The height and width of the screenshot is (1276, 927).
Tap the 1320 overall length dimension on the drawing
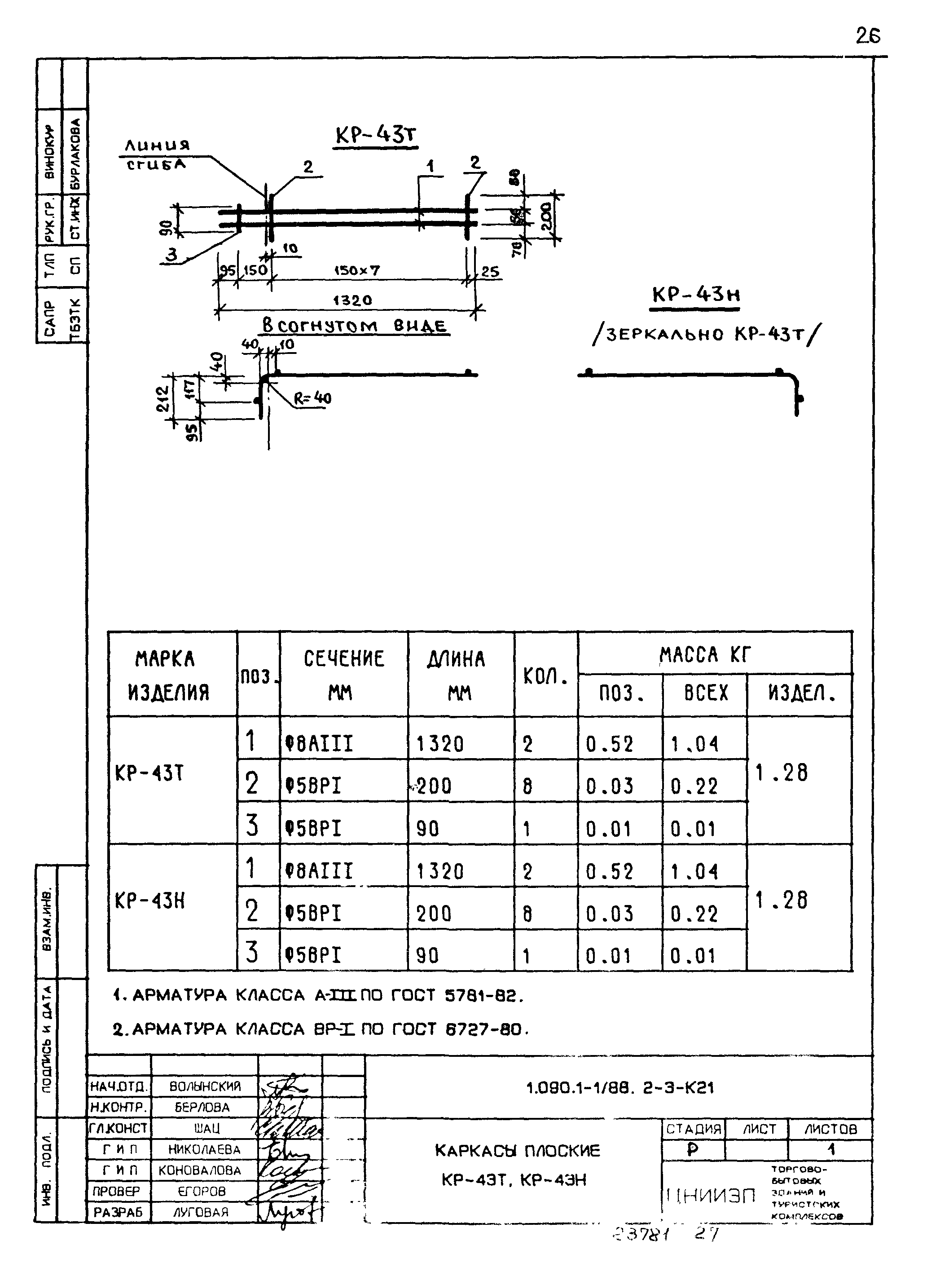coord(352,300)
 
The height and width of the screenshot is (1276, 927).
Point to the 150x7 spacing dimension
coord(357,271)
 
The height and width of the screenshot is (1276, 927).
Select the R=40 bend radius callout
coord(312,398)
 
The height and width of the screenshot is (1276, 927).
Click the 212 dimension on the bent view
coord(163,398)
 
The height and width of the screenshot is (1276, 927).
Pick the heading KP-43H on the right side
coord(695,295)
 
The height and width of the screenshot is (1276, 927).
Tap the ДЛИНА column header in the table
coord(457,658)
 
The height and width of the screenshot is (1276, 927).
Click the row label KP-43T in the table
coord(149,773)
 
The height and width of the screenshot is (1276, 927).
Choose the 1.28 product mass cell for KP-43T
coord(782,773)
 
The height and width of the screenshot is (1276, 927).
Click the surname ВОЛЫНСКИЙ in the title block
coord(205,1086)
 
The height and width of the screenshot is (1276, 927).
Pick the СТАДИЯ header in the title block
coord(694,1129)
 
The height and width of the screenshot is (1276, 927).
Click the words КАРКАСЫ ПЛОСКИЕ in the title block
coord(517,1151)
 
